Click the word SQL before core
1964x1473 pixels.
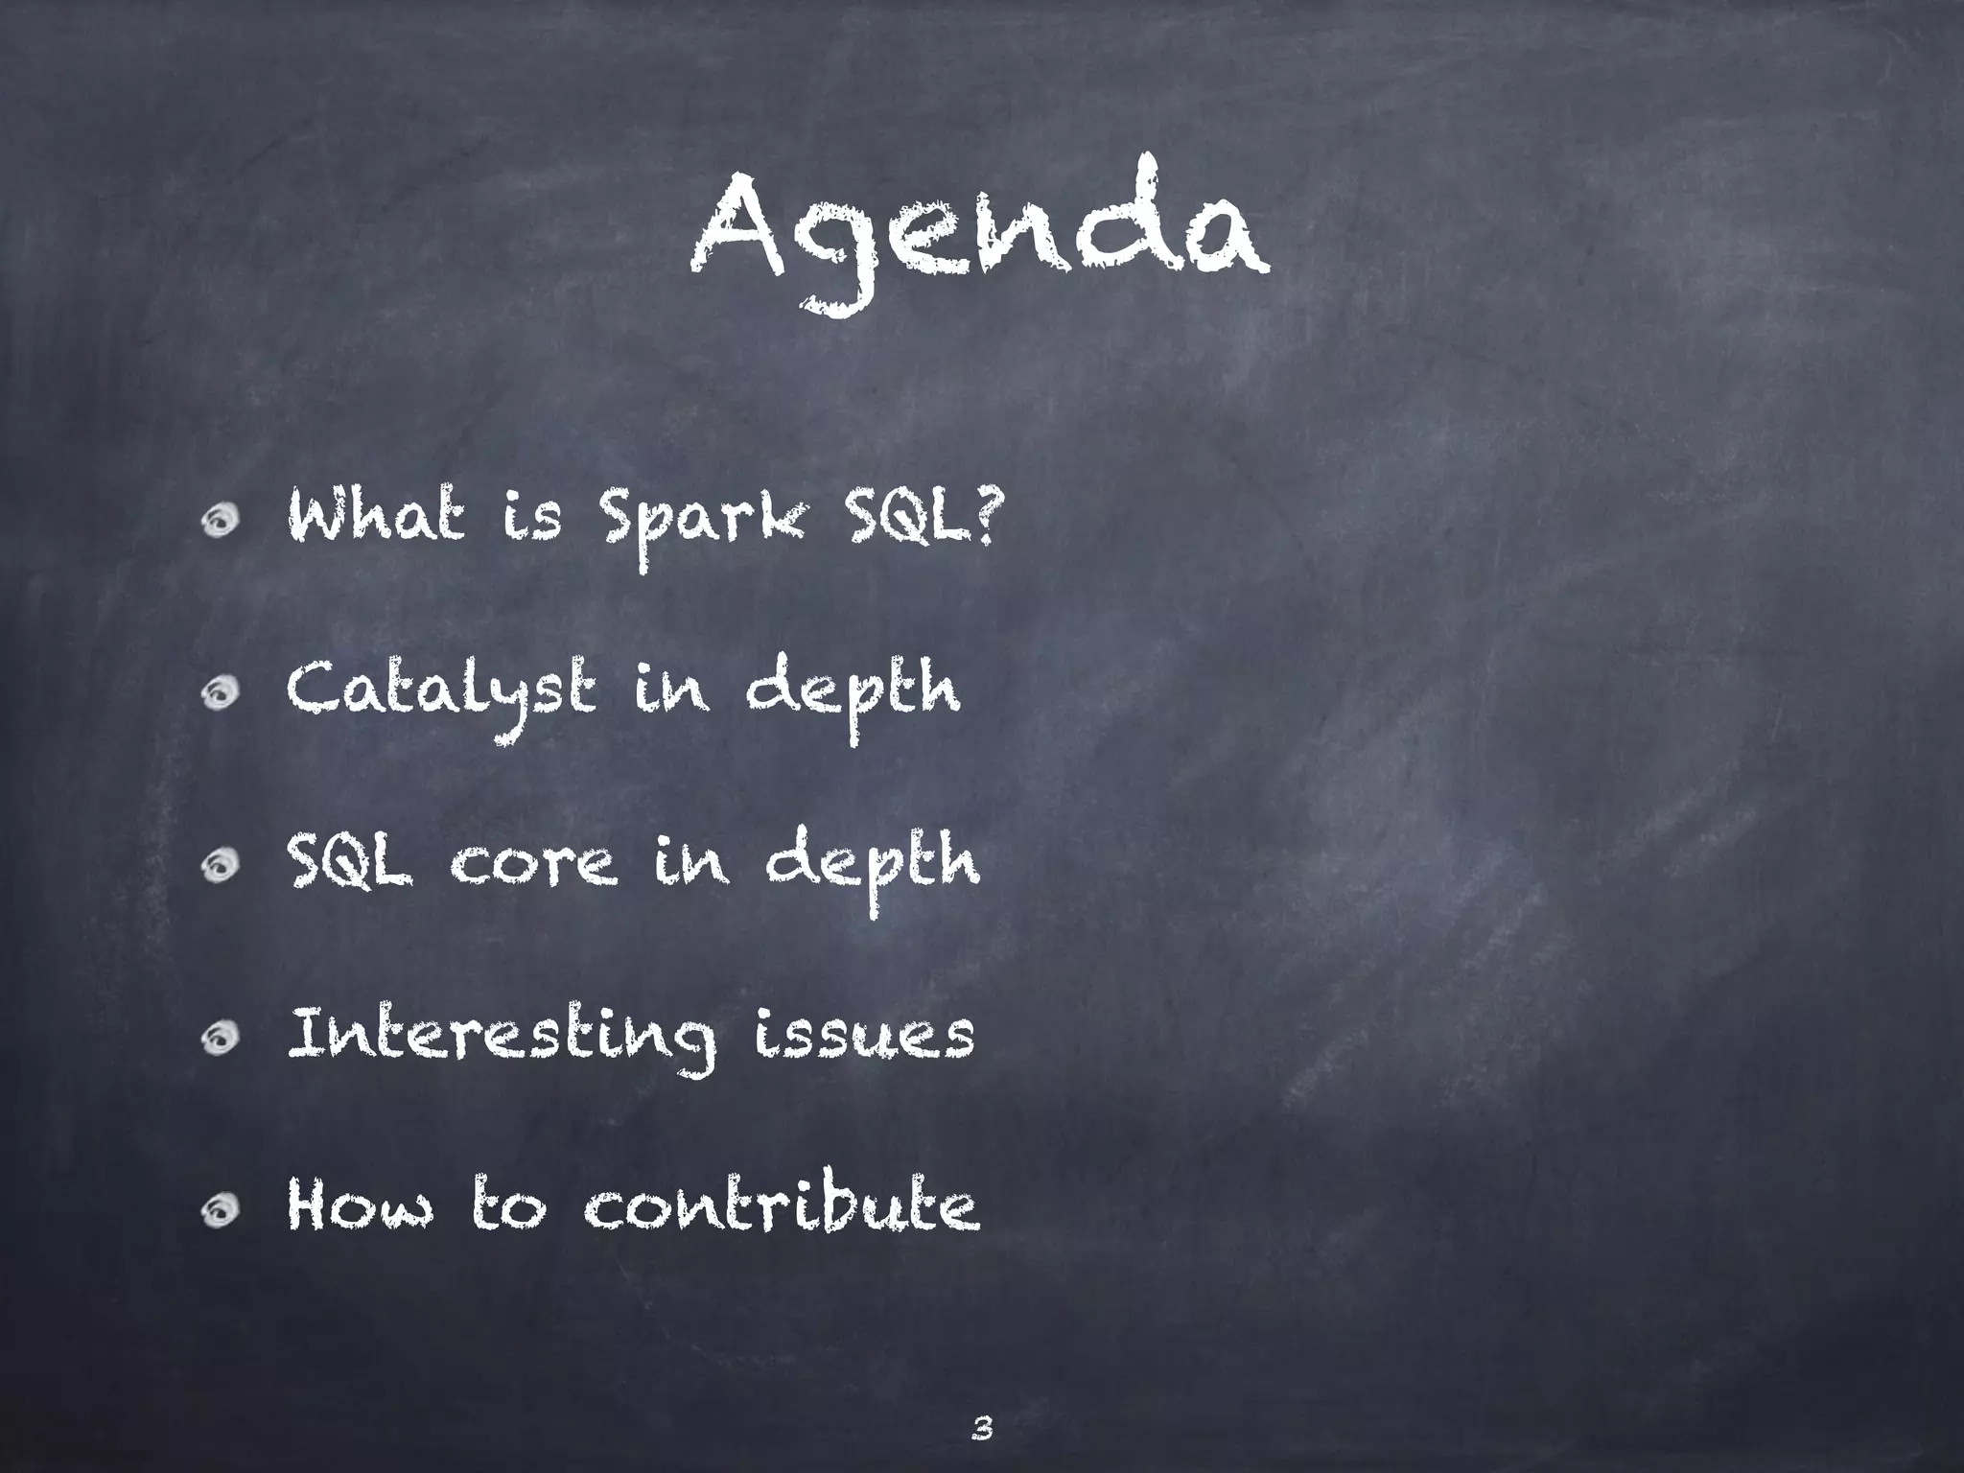(x=350, y=863)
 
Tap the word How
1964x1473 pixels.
(x=360, y=1207)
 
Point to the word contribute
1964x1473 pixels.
(x=782, y=1207)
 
